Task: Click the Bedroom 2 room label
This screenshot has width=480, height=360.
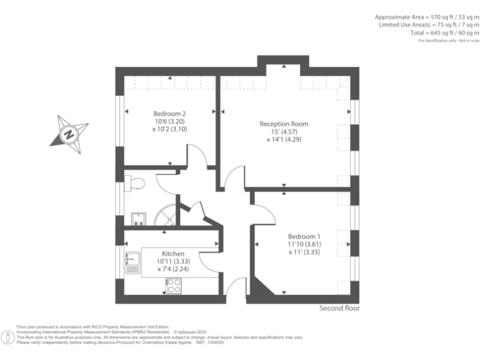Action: (x=169, y=113)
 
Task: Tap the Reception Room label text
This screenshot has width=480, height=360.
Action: (x=284, y=124)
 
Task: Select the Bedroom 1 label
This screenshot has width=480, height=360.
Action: (x=304, y=236)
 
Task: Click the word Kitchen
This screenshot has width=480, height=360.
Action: (x=173, y=253)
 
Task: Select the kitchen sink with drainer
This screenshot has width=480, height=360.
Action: (x=132, y=263)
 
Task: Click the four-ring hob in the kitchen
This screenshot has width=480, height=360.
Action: (x=173, y=286)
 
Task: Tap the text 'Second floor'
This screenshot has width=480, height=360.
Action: (x=339, y=308)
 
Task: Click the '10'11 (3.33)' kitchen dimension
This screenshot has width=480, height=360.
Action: (x=173, y=261)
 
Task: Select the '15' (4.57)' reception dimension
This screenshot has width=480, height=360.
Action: (x=284, y=132)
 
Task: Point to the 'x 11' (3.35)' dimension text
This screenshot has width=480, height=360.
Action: (x=304, y=252)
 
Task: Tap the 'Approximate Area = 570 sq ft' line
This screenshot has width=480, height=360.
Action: (x=427, y=17)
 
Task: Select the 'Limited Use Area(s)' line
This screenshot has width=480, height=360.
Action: (x=428, y=25)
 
